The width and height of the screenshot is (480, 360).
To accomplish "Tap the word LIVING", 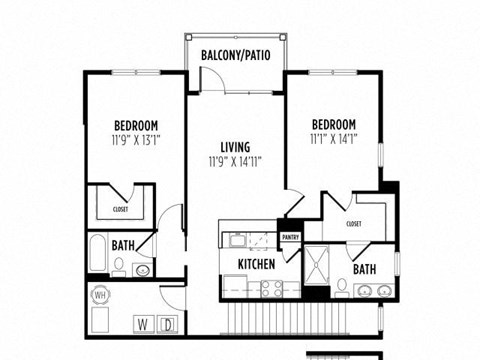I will coord(235,147).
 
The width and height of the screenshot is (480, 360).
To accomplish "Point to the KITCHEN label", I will coord(256,264).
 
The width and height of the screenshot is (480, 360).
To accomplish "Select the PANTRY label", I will coord(290,237).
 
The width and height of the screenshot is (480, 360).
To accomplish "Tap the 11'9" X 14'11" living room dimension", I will coord(235,161).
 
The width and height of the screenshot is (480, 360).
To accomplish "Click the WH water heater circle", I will coord(101,296).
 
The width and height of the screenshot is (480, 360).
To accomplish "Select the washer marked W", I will coord(142,323).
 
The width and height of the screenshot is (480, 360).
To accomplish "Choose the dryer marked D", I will coord(168,323).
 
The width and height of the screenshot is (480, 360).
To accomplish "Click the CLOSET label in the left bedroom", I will coord(120,210).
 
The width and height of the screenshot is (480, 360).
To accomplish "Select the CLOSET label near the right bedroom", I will coord(354,224).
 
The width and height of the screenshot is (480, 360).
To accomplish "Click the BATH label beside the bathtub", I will coord(124,245).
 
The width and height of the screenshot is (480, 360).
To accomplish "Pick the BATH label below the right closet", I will coord(364,269).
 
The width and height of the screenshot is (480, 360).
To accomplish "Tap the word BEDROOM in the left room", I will coord(136,125).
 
